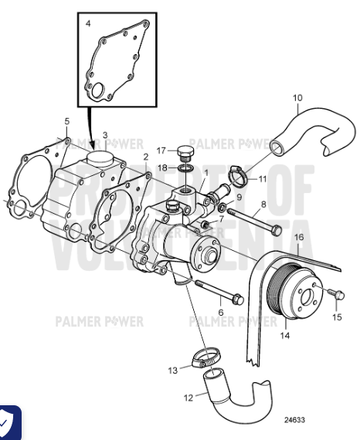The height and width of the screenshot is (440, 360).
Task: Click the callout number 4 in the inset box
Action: [x=88, y=25]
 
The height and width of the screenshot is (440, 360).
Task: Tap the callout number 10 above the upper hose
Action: [x=297, y=98]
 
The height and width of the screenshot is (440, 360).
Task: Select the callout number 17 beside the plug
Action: [x=162, y=150]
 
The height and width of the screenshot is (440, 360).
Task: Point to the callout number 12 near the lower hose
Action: [x=188, y=398]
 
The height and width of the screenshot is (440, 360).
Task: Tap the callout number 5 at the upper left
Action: [x=67, y=121]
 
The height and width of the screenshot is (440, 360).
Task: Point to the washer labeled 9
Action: [x=222, y=208]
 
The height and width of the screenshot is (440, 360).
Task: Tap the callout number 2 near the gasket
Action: [x=146, y=157]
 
